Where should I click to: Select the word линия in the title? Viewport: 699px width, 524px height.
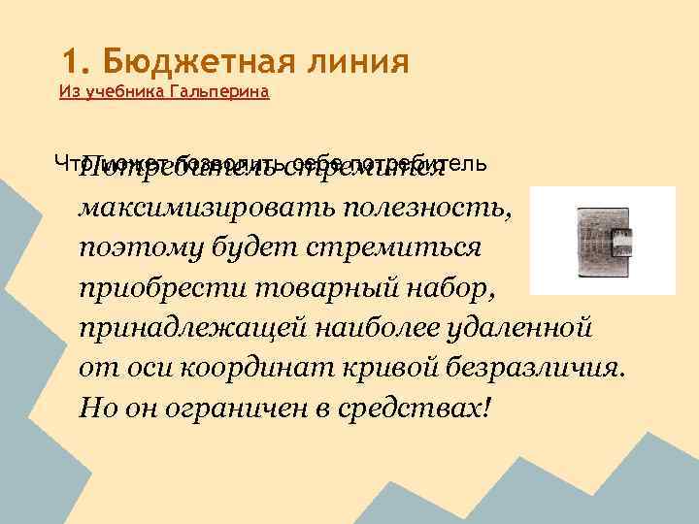coord(355,63)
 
